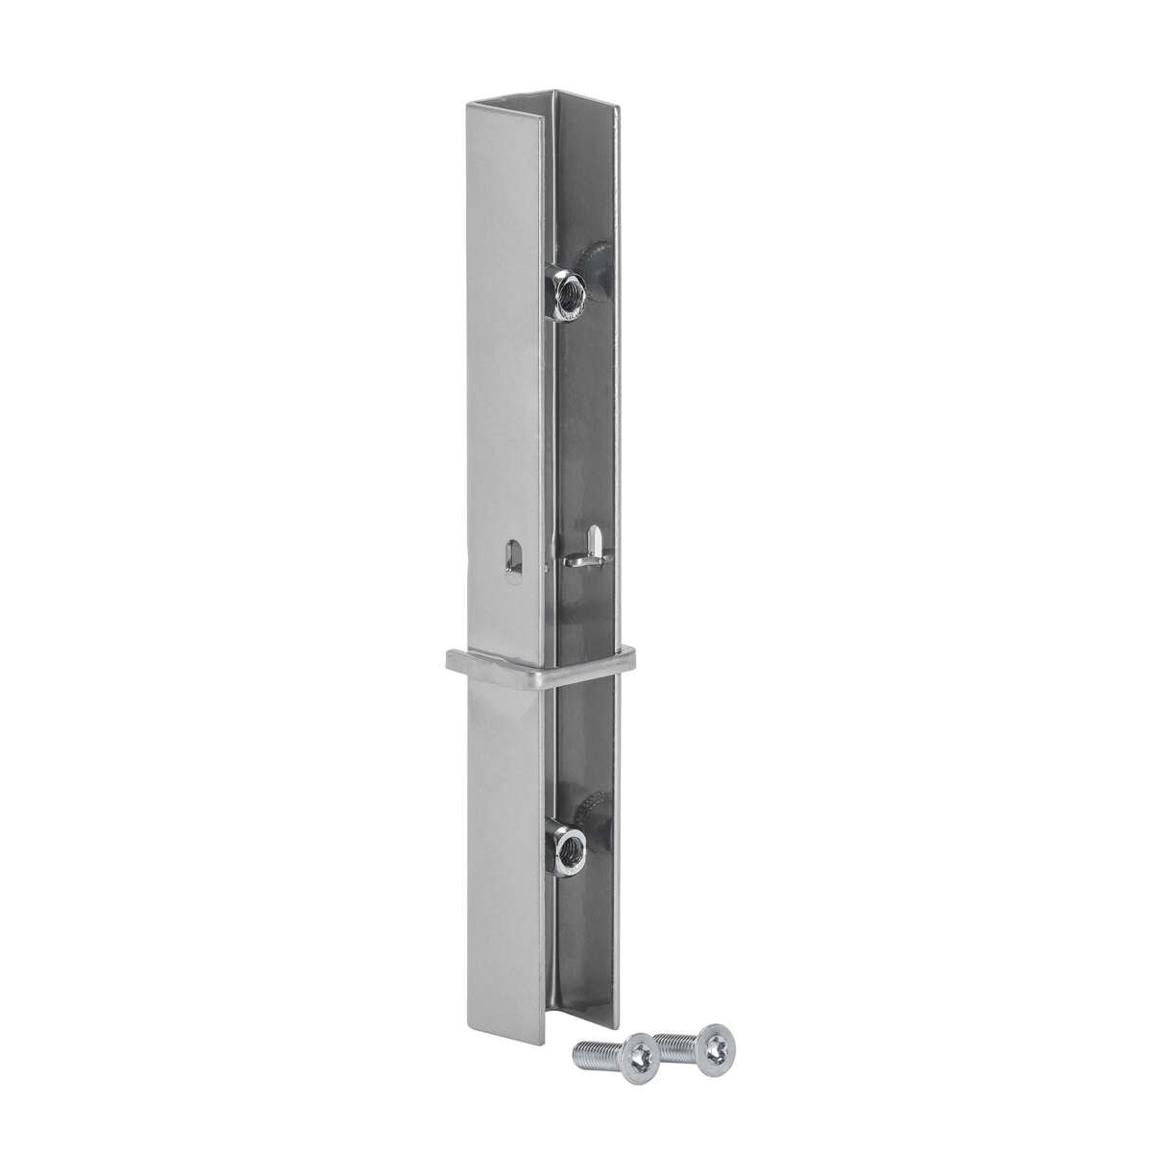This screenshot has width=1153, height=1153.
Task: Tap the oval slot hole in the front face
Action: (511, 560)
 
